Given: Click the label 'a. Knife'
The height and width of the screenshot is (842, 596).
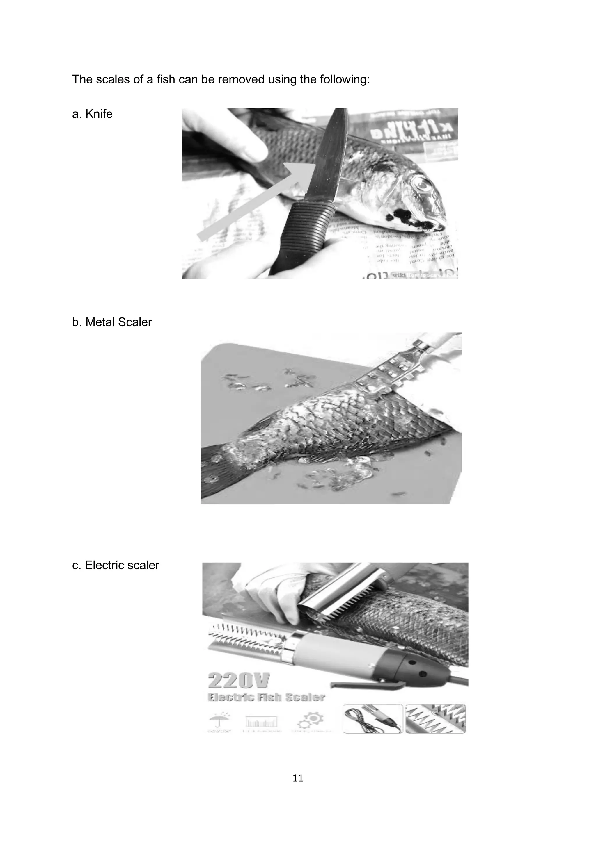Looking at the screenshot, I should coord(92,114).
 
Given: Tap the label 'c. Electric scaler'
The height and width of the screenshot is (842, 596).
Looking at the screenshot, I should coord(115,565).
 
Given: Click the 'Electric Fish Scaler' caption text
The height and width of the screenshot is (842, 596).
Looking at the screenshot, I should coord(266,697).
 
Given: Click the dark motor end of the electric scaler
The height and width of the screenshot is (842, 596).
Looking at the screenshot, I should coord(422,671).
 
